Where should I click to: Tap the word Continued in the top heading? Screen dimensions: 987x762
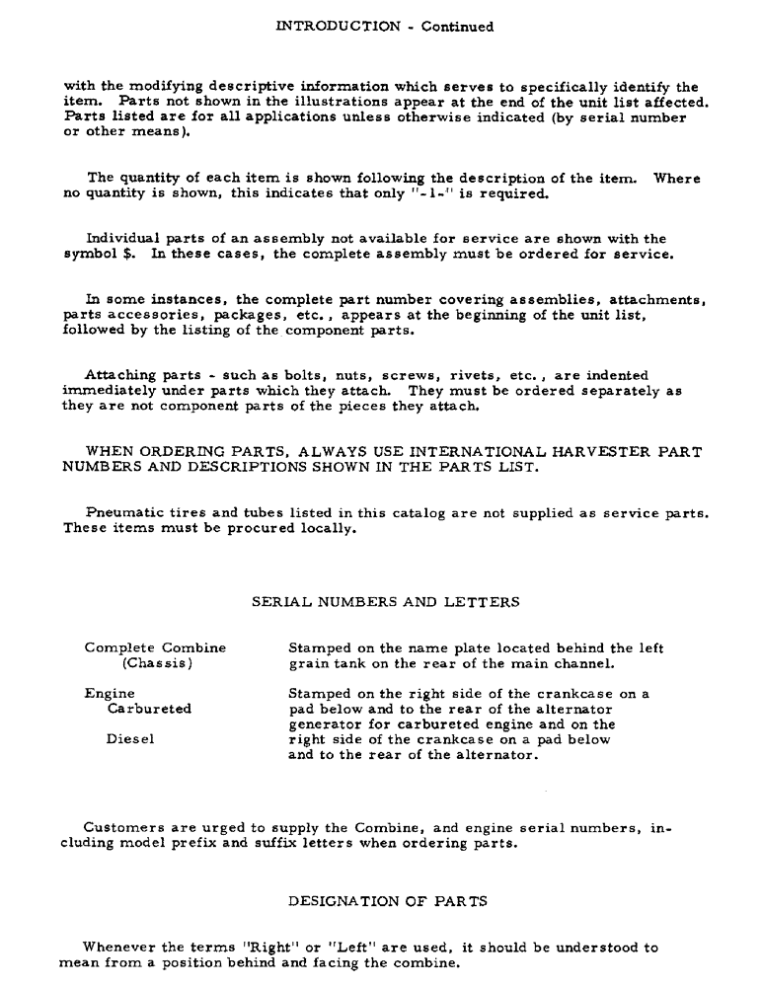point(458,27)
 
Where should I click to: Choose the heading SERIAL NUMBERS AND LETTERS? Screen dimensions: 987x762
point(385,602)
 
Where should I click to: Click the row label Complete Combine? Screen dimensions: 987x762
point(155,648)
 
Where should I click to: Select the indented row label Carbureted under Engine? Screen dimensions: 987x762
point(150,709)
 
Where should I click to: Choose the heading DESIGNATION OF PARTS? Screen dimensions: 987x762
point(387,901)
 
